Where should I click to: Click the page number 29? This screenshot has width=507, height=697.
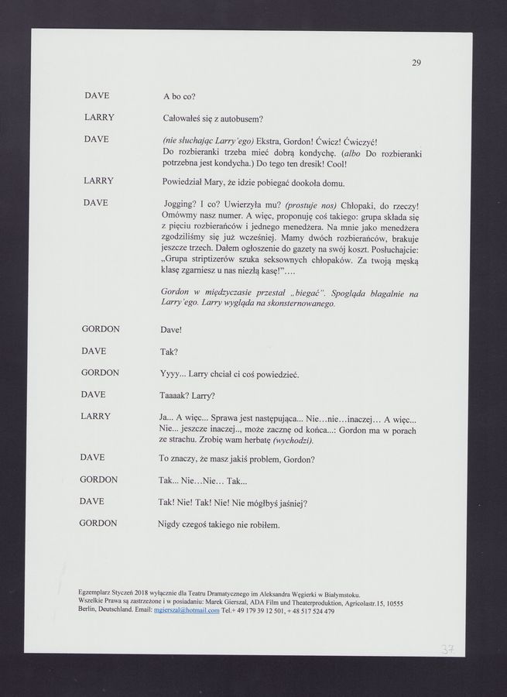click(x=416, y=63)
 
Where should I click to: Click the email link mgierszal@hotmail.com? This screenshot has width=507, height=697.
click(x=187, y=611)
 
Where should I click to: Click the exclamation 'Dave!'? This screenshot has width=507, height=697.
click(x=170, y=331)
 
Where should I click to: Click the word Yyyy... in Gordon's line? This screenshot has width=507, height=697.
click(x=173, y=374)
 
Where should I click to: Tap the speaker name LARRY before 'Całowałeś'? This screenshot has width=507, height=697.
click(x=99, y=118)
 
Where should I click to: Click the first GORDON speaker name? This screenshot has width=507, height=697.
click(x=101, y=329)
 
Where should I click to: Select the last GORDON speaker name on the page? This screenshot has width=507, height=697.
click(x=99, y=524)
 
